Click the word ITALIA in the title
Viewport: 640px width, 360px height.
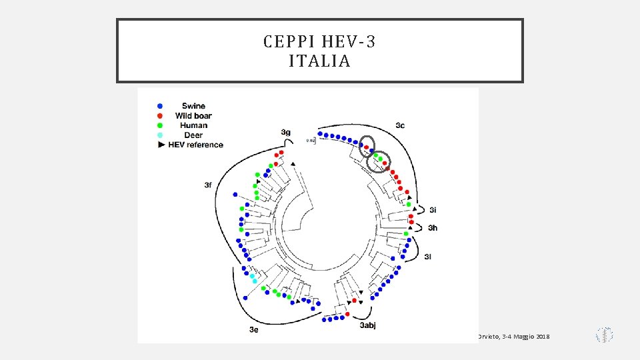(320, 62)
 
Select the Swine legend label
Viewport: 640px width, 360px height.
(193, 106)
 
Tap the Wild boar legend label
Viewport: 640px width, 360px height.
(193, 116)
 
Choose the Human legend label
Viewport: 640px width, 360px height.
(193, 125)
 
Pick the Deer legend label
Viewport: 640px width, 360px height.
(193, 135)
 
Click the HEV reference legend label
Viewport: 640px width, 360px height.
(195, 145)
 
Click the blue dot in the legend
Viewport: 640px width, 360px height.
(160, 106)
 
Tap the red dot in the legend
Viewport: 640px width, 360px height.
(160, 116)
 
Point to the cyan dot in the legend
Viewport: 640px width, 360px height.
(160, 135)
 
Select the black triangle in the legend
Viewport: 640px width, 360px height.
(160, 145)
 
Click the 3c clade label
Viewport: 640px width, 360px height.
(400, 125)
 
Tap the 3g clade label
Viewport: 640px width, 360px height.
(285, 132)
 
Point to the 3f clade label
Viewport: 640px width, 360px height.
(209, 185)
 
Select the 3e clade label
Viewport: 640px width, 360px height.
(253, 329)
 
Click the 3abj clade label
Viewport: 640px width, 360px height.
(367, 325)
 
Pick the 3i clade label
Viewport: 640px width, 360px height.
(433, 211)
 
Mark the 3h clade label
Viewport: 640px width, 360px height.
(433, 228)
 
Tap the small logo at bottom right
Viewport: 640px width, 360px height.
(604, 335)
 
